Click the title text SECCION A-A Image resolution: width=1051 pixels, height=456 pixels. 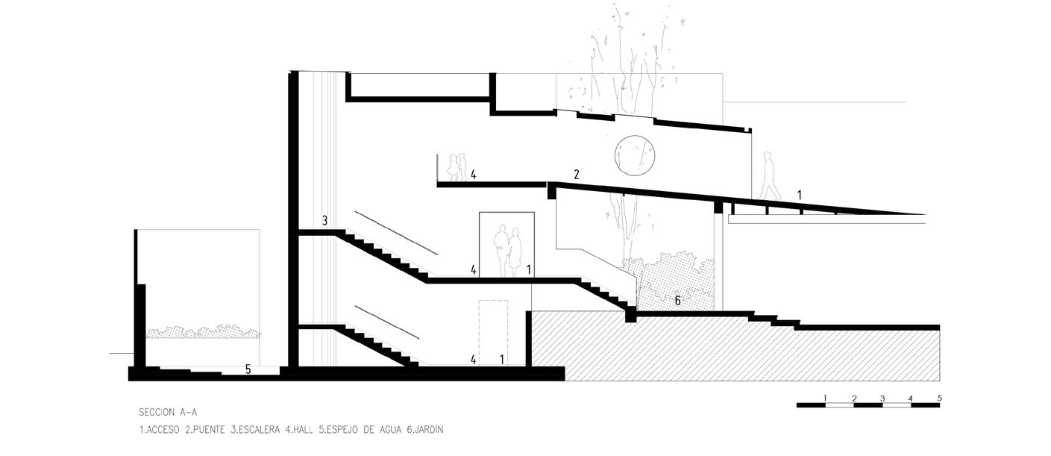pyautogui.click(x=168, y=412)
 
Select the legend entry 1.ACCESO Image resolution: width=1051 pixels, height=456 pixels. pyautogui.click(x=159, y=429)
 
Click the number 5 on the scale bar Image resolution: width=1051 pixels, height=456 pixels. pyautogui.click(x=939, y=398)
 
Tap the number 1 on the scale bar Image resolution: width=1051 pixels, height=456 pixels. pyautogui.click(x=825, y=398)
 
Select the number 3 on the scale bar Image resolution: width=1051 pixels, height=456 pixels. pyautogui.click(x=882, y=398)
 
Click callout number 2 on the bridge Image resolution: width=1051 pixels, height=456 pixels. pyautogui.click(x=576, y=175)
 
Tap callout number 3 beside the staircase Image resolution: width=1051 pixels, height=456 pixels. pyautogui.click(x=324, y=221)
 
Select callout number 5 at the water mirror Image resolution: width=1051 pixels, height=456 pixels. pyautogui.click(x=248, y=369)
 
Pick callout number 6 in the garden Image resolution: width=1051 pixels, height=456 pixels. pyautogui.click(x=677, y=301)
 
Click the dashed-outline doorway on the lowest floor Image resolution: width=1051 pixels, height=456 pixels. pyautogui.click(x=493, y=332)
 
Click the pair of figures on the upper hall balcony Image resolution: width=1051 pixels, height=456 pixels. pyautogui.click(x=457, y=167)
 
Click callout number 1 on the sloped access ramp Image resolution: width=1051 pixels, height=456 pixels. pyautogui.click(x=799, y=195)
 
